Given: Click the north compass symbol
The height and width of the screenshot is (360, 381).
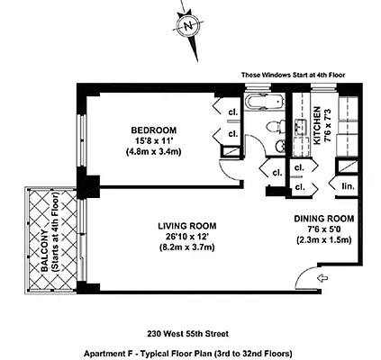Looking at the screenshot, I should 188,26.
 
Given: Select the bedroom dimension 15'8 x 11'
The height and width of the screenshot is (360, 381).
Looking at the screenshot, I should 152,141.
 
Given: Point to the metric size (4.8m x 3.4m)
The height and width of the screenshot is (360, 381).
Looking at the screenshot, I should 152,153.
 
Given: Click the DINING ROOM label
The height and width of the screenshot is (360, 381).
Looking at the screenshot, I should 324,219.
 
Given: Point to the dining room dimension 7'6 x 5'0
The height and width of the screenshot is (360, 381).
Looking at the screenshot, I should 324,229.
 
